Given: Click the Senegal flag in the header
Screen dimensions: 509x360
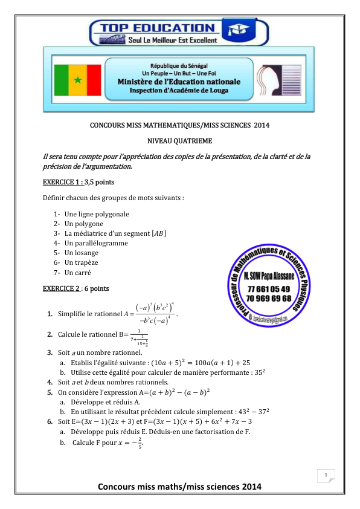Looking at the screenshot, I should click(77, 80).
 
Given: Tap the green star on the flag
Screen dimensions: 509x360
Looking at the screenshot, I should click(77, 80).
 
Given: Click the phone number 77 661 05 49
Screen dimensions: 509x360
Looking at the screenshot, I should click(268, 290).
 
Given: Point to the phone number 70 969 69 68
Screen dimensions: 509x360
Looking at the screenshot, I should click(268, 299).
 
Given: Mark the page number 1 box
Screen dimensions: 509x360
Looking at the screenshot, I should click(326, 475).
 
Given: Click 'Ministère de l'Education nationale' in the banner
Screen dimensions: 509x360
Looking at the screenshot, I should click(178, 82).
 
